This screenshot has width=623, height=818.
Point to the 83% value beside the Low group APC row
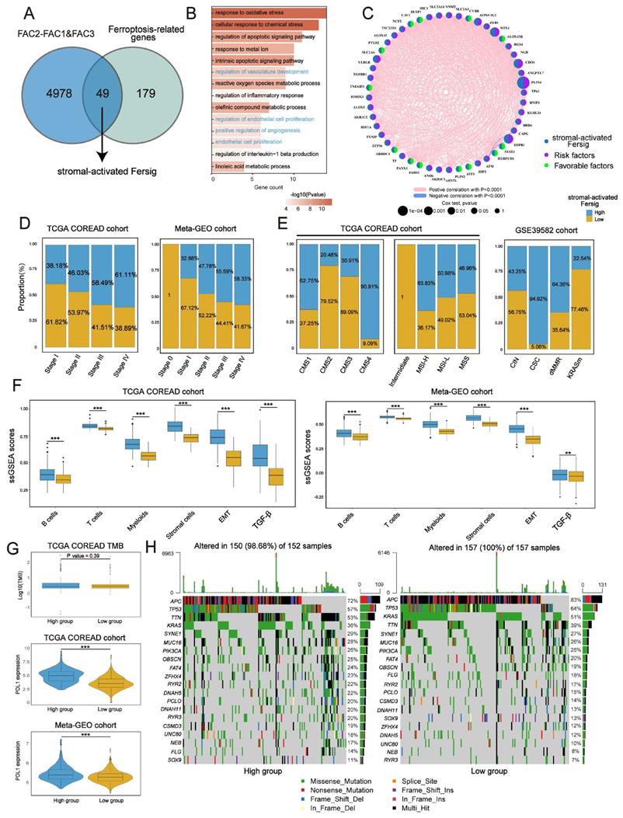(x=576, y=600)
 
